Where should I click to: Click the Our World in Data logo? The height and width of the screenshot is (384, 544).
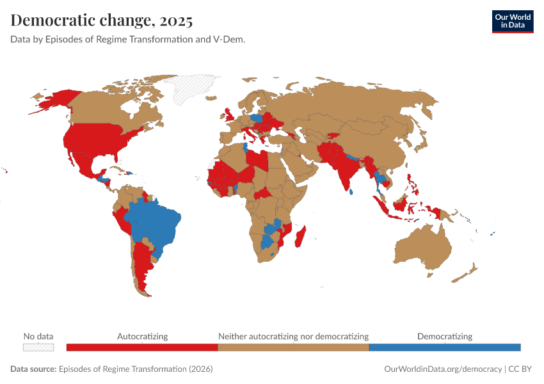(512, 21)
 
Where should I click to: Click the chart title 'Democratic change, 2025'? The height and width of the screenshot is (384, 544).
(101, 20)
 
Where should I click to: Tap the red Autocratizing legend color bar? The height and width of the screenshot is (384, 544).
(142, 347)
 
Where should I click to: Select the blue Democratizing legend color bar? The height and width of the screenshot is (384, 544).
(445, 347)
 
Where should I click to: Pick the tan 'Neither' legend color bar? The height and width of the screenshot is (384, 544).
(293, 347)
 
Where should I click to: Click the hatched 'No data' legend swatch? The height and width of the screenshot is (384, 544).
(38, 347)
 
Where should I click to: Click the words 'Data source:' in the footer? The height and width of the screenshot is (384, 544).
(33, 369)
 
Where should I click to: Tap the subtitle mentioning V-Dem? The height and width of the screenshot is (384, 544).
(128, 39)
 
